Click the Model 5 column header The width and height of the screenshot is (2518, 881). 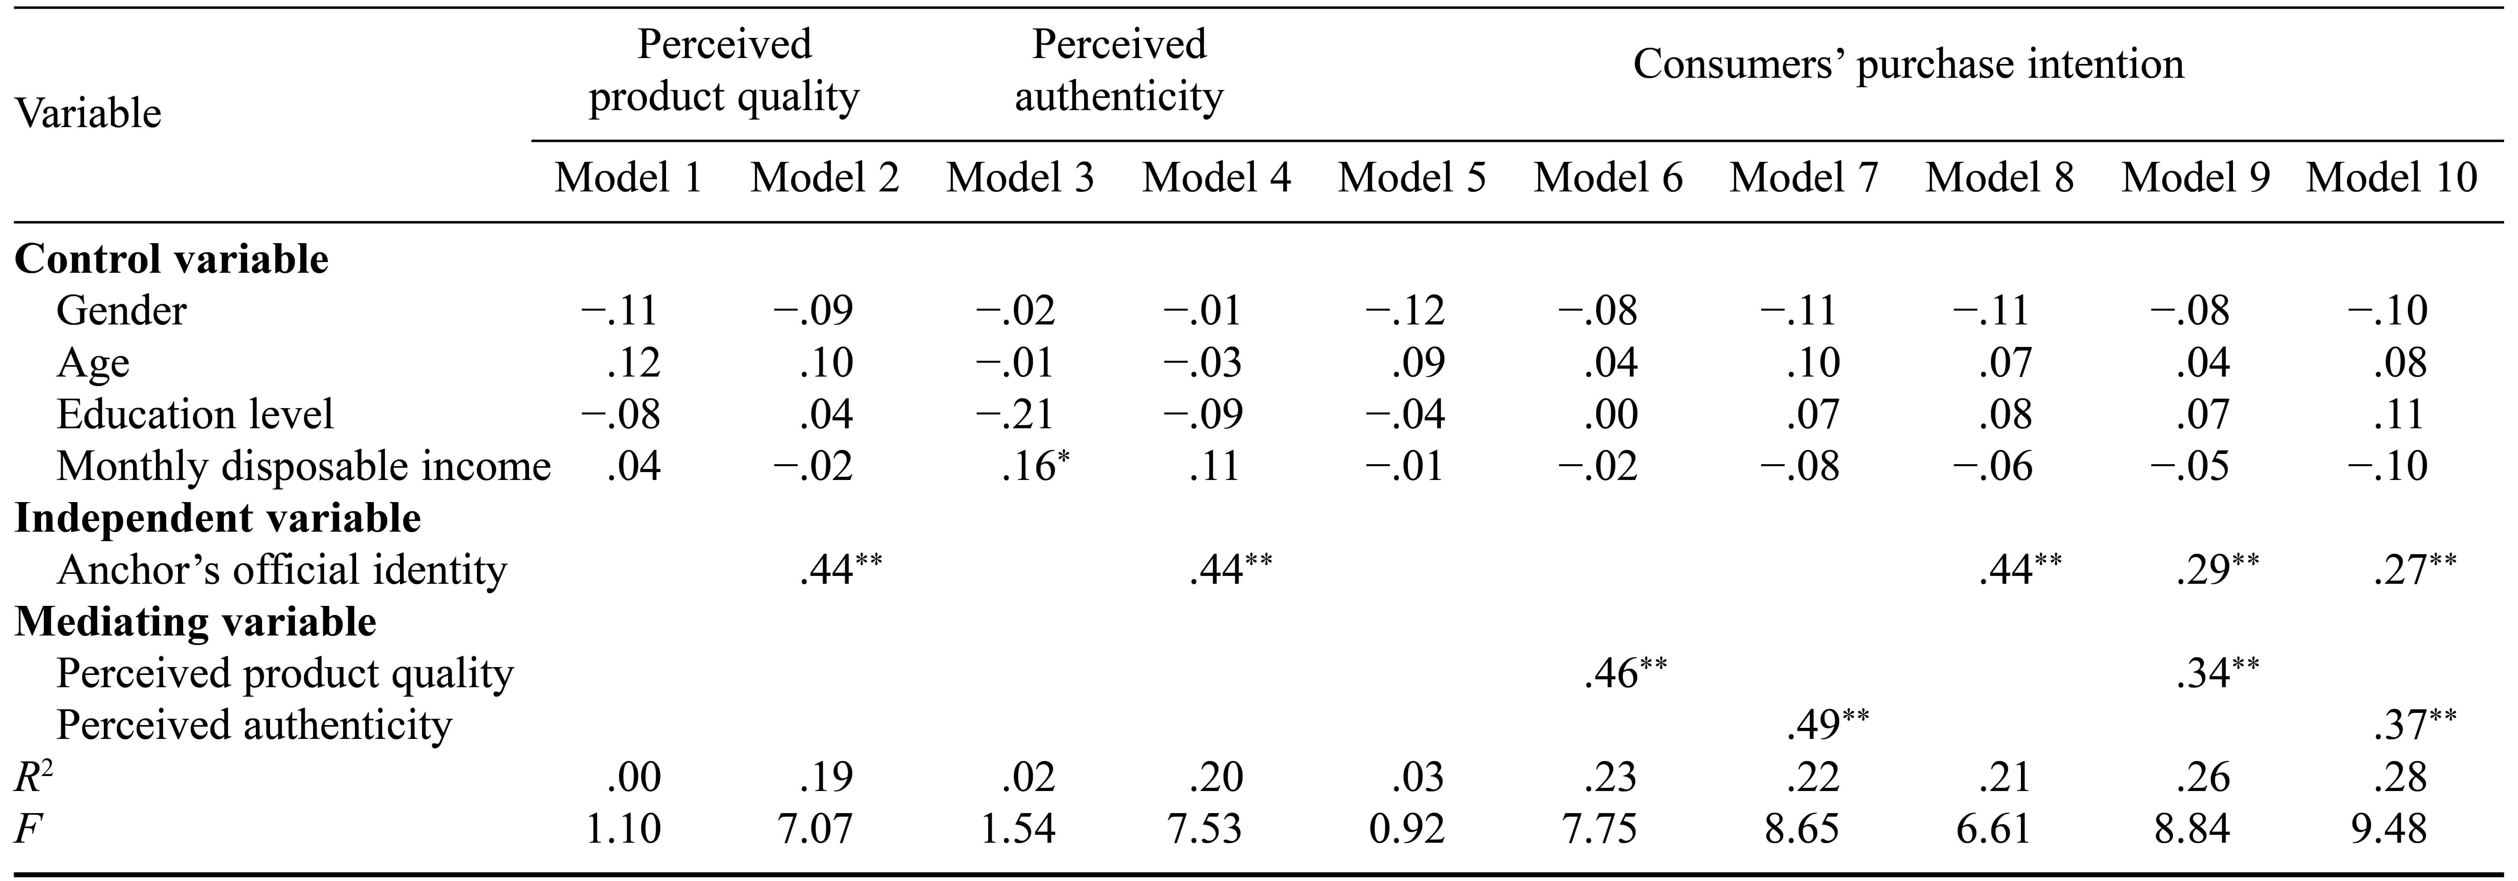tap(1411, 178)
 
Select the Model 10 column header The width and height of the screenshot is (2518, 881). tap(2392, 178)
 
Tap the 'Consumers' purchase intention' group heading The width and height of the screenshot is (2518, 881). tap(1908, 64)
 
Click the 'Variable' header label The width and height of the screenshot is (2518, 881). tap(88, 113)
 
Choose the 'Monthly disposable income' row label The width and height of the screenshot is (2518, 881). tap(303, 467)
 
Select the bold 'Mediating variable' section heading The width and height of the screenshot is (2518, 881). tap(195, 622)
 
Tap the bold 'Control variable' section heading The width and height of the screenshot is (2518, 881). tap(172, 259)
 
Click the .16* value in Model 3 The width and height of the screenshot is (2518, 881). tap(1035, 467)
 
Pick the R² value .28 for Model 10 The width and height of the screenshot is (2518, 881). tap(2400, 777)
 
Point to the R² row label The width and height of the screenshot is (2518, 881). tap(32, 777)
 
